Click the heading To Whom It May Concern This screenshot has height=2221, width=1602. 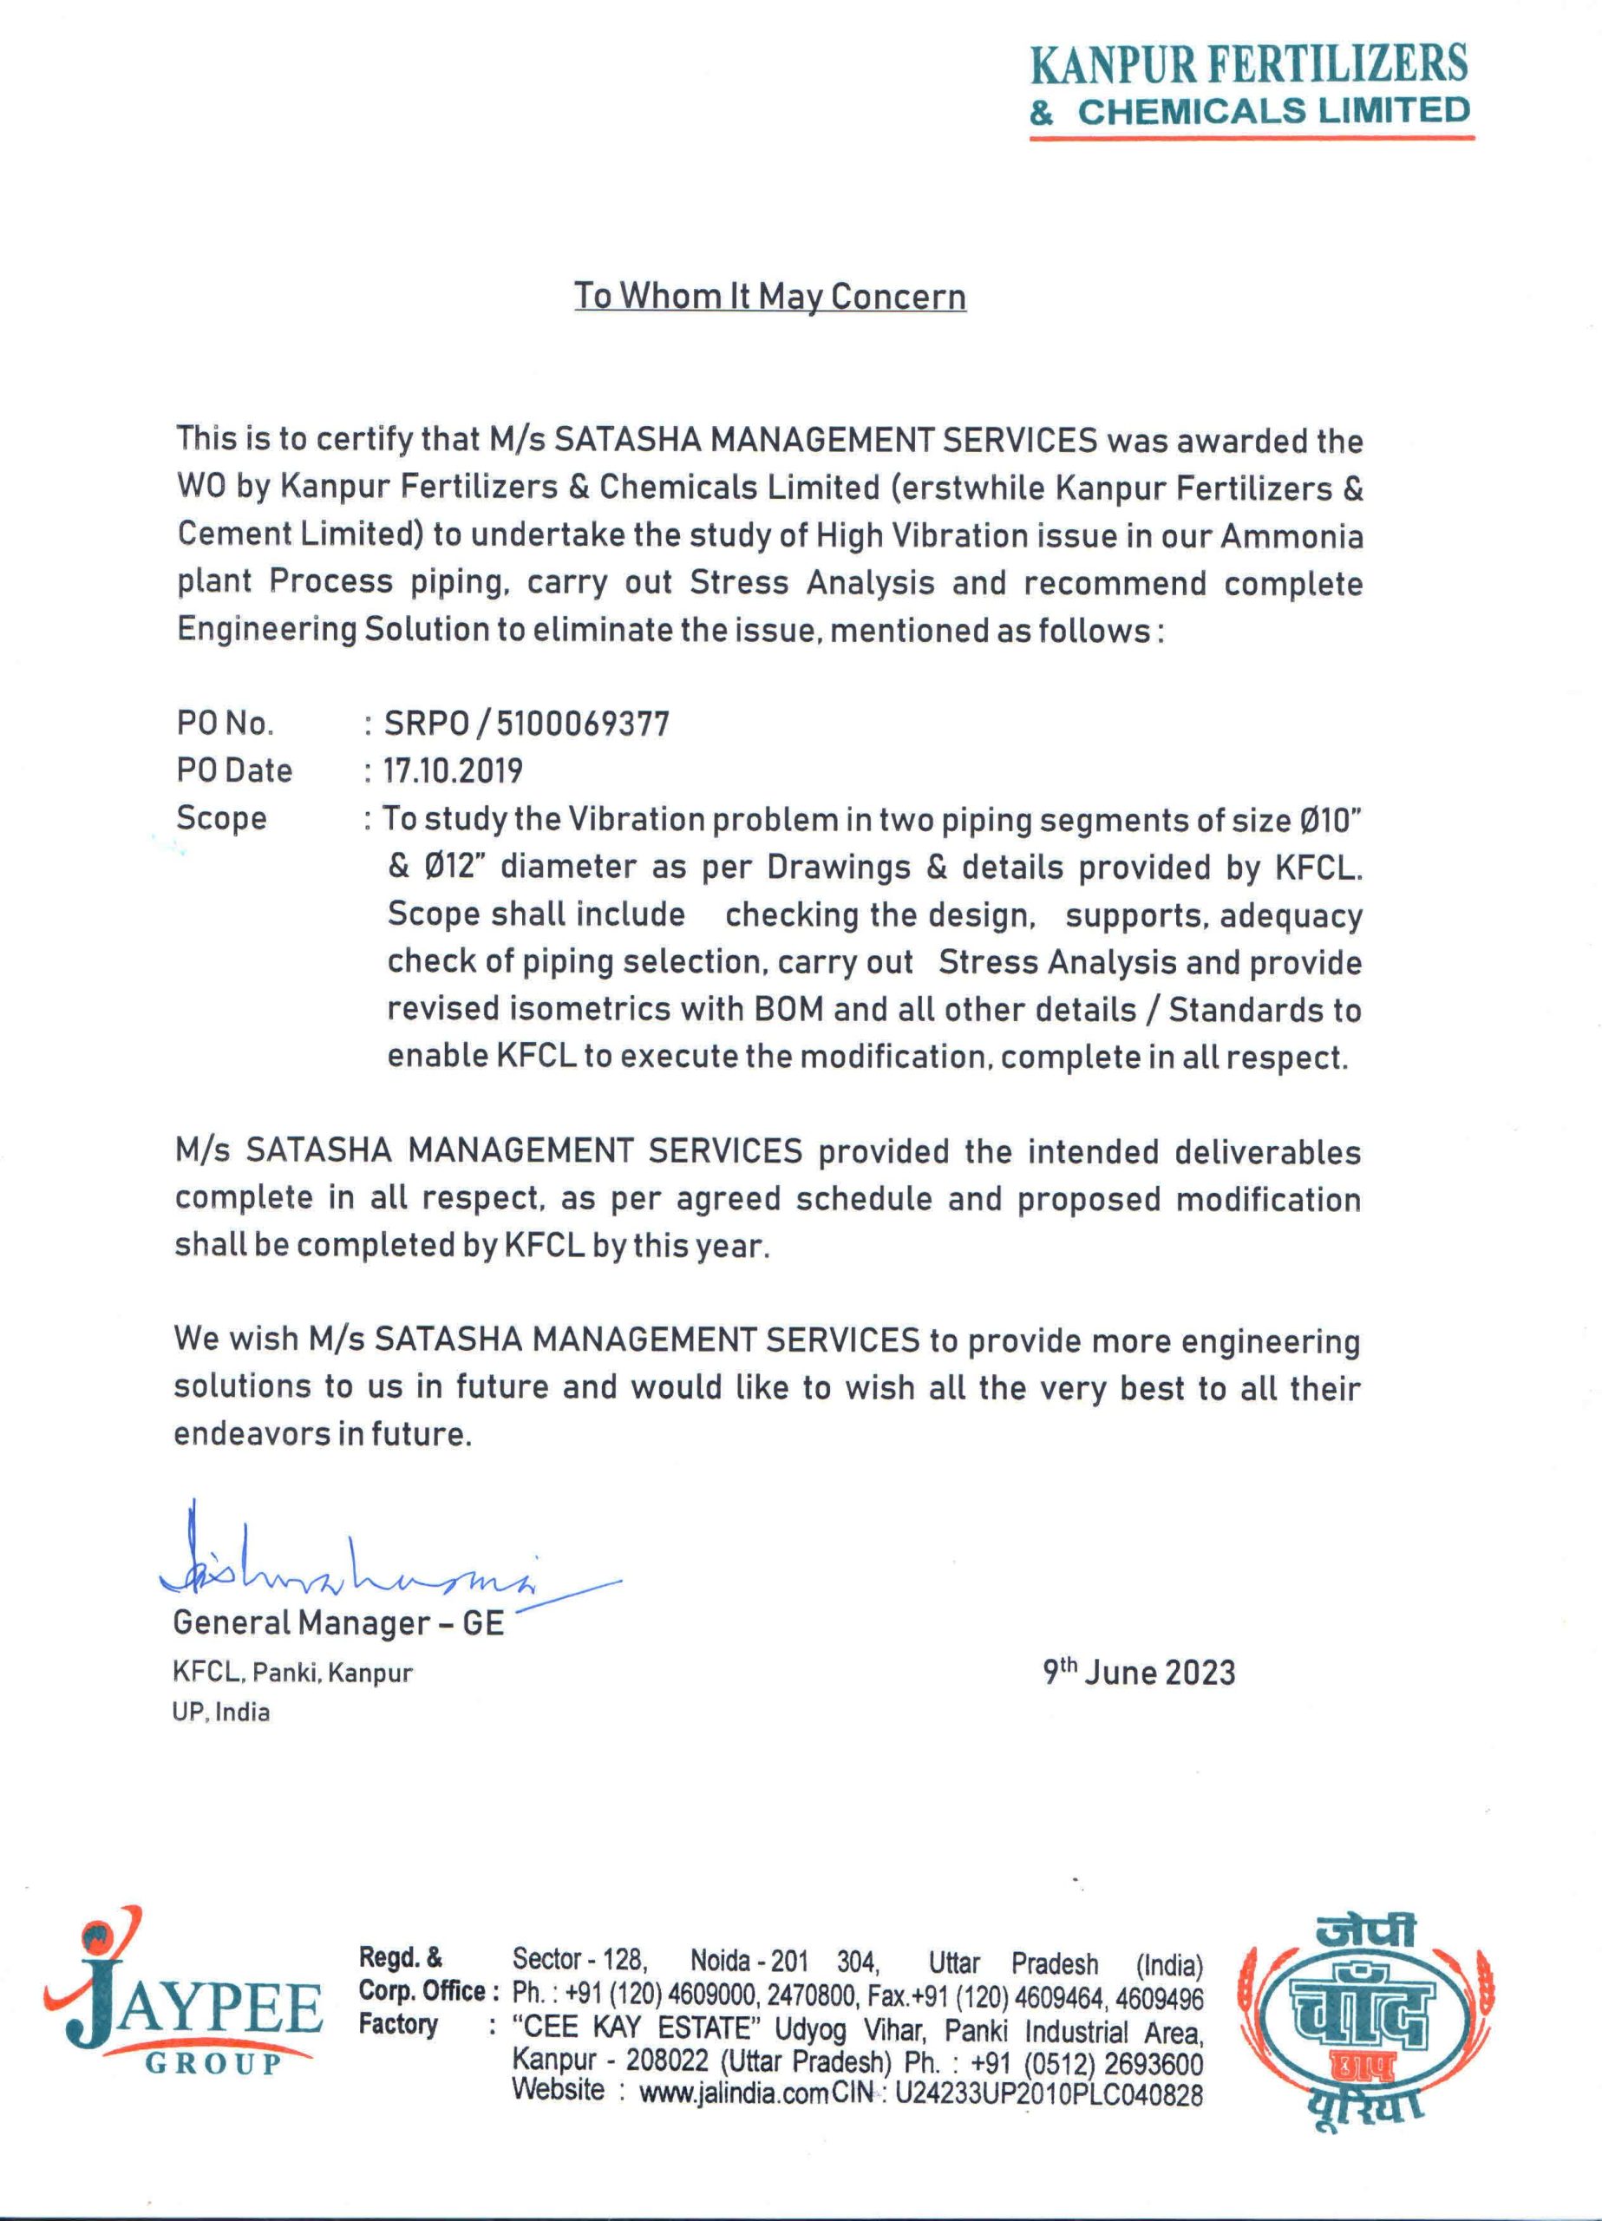point(769,296)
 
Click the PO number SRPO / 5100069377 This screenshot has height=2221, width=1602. point(526,724)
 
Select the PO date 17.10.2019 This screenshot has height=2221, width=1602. point(453,770)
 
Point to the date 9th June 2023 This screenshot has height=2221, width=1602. point(1139,1673)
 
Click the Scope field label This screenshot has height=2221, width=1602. point(221,818)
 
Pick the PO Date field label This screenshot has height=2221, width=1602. point(234,770)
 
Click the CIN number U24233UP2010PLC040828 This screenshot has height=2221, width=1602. point(1049,2093)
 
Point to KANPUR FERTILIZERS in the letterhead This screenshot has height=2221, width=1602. point(1250,64)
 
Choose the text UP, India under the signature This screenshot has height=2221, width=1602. point(221,1712)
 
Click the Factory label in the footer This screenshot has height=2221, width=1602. point(397,2024)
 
